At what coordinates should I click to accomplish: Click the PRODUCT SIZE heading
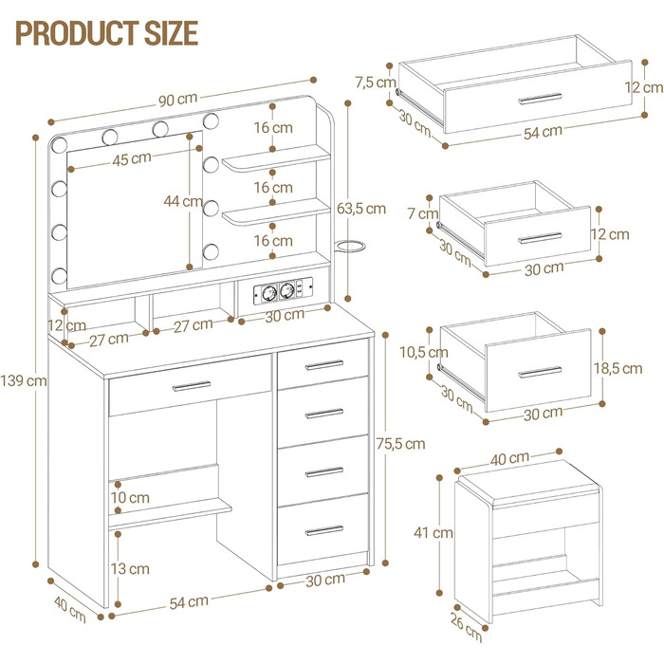pos(106,31)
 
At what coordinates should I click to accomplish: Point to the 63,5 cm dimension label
pos(364,208)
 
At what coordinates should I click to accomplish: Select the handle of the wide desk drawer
pos(191,385)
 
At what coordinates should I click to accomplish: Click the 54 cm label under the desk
pos(189,600)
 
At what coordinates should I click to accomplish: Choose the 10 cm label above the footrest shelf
pos(130,497)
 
